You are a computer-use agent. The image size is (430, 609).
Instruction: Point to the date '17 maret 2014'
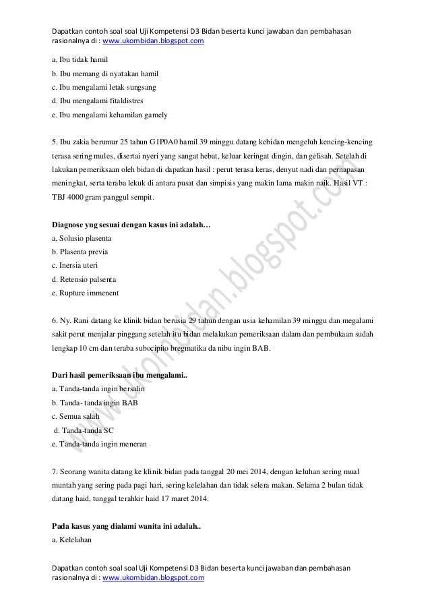click(x=185, y=499)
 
